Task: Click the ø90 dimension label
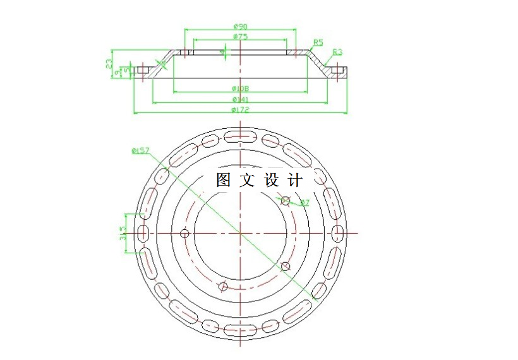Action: (x=240, y=27)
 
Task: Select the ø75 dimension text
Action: (x=240, y=37)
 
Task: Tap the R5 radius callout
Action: (x=318, y=42)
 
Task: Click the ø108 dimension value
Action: (x=240, y=88)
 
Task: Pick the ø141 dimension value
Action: (x=240, y=99)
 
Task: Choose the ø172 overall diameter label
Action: (x=240, y=110)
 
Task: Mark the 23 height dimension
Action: (x=109, y=64)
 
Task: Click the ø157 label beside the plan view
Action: (x=140, y=150)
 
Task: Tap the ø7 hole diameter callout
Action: (x=304, y=202)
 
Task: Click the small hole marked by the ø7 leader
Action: (x=286, y=201)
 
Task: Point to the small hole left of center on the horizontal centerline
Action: (x=185, y=234)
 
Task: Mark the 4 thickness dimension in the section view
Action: (x=222, y=51)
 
